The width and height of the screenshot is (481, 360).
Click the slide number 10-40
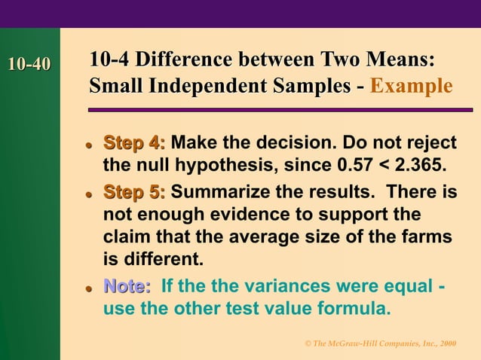[29, 65]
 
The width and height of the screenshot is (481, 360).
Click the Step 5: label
[135, 191]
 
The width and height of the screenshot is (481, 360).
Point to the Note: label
[127, 286]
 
